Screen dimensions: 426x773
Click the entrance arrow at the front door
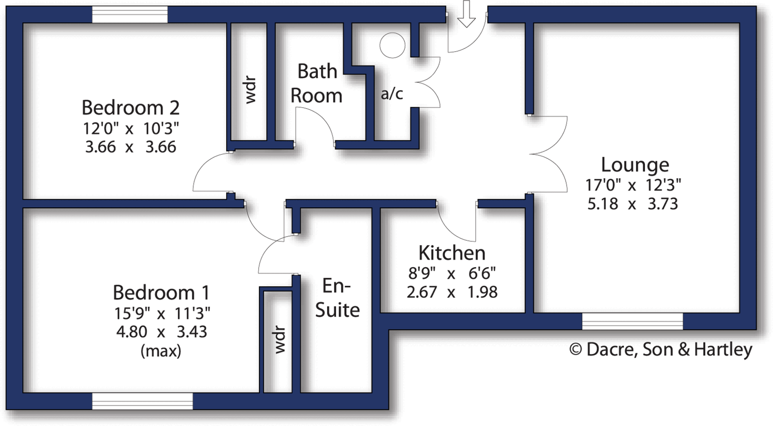466,14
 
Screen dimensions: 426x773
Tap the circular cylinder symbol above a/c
392,45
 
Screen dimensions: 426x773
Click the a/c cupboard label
392,94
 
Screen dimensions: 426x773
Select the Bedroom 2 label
130,108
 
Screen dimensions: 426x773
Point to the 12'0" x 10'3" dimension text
130,129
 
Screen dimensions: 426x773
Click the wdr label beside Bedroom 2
250,91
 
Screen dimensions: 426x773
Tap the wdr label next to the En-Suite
279,340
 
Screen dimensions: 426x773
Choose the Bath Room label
316,83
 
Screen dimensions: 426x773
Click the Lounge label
635,165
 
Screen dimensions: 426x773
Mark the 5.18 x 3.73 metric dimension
633,204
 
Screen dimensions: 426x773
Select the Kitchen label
452,253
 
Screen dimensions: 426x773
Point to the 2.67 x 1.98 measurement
452,292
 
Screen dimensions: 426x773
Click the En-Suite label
337,298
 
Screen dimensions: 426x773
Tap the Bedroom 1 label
161,292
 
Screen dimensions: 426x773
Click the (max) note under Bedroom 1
161,351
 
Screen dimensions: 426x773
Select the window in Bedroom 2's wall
130,14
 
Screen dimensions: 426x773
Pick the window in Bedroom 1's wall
142,401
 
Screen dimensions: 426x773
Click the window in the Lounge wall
632,321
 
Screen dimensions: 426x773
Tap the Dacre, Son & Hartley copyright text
661,349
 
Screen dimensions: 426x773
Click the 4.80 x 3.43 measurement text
161,332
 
